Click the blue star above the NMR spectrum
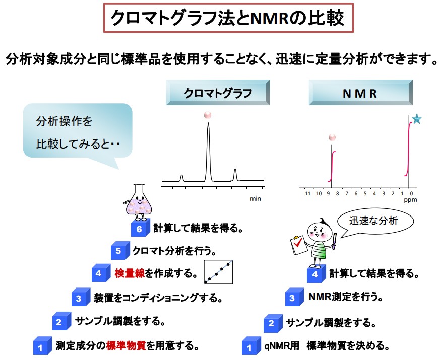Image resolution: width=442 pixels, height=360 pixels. (417, 119)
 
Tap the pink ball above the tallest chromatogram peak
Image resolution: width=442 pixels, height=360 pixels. (208, 115)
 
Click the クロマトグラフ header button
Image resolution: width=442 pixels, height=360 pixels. (218, 93)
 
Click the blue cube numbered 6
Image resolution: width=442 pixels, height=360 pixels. (140, 228)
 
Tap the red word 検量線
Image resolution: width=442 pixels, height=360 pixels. (130, 273)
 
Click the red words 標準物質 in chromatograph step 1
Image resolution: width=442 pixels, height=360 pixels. (126, 346)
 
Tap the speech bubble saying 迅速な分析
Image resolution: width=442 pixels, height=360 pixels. (374, 220)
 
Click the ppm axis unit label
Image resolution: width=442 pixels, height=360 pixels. (408, 199)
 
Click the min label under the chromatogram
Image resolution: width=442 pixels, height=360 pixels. (256, 199)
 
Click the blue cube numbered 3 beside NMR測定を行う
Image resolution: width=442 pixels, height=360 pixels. (293, 297)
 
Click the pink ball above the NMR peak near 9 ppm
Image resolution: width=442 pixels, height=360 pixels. (331, 137)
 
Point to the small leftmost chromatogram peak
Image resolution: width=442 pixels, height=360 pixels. (181, 177)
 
